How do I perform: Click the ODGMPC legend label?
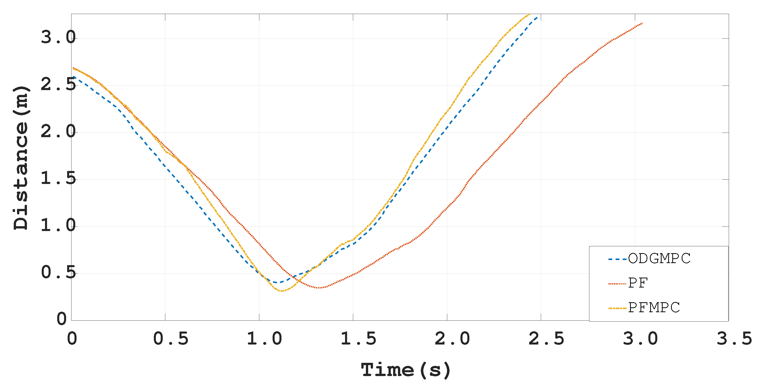tap(659, 259)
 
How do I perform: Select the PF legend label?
tap(638, 283)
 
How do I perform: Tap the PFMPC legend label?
tap(654, 308)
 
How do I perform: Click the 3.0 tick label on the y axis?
tap(58, 37)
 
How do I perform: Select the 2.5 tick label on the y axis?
tap(58, 85)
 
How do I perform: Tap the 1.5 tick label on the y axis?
tap(58, 179)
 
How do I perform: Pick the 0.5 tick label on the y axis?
tap(58, 272)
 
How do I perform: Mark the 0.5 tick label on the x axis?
tap(171, 339)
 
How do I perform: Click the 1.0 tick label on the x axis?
tap(264, 339)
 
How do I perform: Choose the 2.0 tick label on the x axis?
tap(452, 339)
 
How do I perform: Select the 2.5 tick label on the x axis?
tap(546, 339)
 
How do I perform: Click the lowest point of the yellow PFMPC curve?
tap(282, 291)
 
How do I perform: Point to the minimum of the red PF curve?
tap(319, 288)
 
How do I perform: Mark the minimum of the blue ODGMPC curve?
tap(276, 282)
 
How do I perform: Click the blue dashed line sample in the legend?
tap(617, 259)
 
